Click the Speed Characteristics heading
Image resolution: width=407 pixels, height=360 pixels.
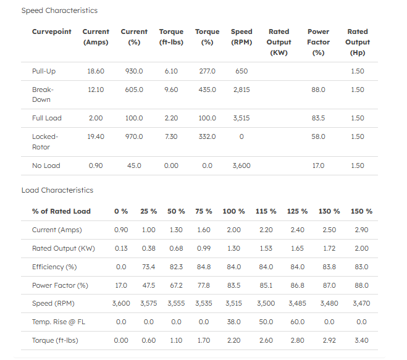pos(59,10)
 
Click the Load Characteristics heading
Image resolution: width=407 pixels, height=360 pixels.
pos(57,190)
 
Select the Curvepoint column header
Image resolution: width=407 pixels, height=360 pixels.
pos(52,31)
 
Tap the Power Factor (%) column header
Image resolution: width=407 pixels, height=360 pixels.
pos(318,42)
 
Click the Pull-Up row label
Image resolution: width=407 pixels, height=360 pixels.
pos(44,71)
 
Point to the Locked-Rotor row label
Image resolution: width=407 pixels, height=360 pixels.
pos(45,141)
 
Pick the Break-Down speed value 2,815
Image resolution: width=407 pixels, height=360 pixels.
pos(241,90)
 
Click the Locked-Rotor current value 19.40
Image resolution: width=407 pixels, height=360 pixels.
pos(96,136)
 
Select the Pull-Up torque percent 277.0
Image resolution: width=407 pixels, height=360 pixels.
pos(207,71)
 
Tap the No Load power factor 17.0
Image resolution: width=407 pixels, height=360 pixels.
pos(318,165)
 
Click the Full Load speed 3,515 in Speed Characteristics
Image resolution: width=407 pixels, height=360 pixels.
pos(241,118)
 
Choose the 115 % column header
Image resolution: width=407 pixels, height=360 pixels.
pos(266,211)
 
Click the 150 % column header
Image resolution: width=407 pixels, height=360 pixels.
pos(361,211)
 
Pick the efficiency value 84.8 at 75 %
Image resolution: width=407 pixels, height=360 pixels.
pos(204,267)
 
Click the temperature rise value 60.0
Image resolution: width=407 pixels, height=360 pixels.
pos(297,322)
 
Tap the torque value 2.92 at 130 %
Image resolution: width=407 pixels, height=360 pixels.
pos(329,340)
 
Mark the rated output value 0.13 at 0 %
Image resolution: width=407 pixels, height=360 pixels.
pos(121,248)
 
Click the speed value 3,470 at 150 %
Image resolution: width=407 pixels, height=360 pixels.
pos(361,304)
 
